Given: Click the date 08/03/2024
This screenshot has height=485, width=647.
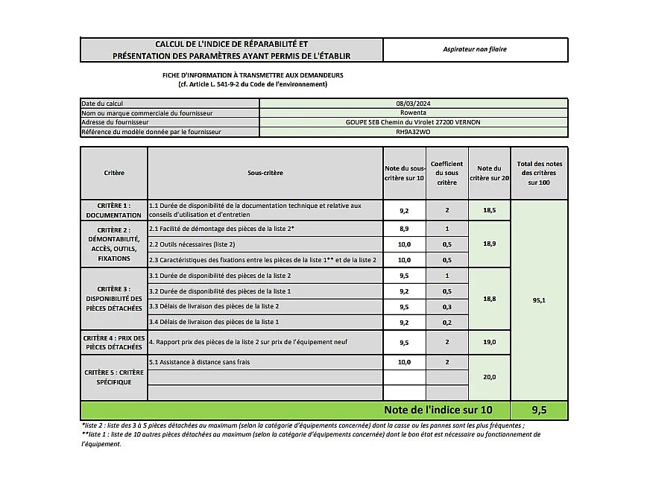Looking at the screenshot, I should [x=413, y=104].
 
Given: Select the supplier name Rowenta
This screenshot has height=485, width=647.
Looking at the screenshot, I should [x=413, y=112].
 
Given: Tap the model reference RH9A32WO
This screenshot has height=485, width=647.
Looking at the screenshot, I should [x=413, y=132].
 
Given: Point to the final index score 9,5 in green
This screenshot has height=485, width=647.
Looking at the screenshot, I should [x=539, y=410].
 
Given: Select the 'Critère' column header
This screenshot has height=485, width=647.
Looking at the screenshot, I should [x=114, y=173].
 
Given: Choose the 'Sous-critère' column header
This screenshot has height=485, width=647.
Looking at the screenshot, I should [x=265, y=173].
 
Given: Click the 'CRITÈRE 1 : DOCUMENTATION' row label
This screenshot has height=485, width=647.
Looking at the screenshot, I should [x=114, y=210].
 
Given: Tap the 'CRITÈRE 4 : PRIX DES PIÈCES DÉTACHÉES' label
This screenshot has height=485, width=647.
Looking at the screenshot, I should [x=114, y=343].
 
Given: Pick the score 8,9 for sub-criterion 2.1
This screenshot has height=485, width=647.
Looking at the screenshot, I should [x=404, y=229].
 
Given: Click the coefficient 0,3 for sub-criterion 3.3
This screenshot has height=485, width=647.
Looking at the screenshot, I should [x=446, y=307].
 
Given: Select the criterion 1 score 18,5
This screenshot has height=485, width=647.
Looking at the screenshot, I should [x=490, y=211].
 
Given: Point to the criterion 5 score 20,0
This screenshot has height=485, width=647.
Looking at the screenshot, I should [x=490, y=377].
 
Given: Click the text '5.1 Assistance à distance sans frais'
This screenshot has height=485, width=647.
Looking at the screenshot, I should [x=200, y=362].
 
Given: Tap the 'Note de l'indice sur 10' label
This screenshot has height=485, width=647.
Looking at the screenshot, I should [x=438, y=410].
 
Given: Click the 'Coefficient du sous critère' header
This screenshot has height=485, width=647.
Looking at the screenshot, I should [x=446, y=173].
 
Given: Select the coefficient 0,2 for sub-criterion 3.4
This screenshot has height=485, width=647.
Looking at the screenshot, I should [x=446, y=322].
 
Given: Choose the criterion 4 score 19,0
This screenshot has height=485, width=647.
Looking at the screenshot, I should [x=490, y=343].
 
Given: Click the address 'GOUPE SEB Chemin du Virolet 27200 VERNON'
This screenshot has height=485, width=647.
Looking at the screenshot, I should [x=413, y=122].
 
